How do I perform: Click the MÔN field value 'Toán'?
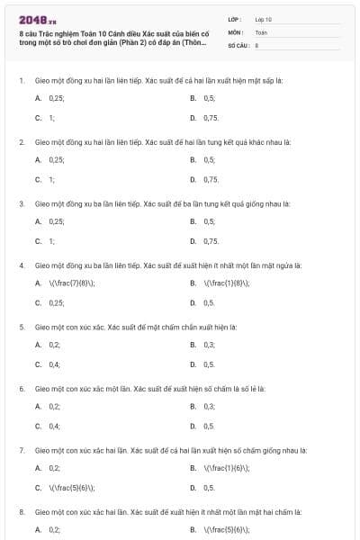[261, 31]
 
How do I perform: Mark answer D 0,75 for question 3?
[211, 241]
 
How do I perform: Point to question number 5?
[21, 327]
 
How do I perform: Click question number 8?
[21, 511]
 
